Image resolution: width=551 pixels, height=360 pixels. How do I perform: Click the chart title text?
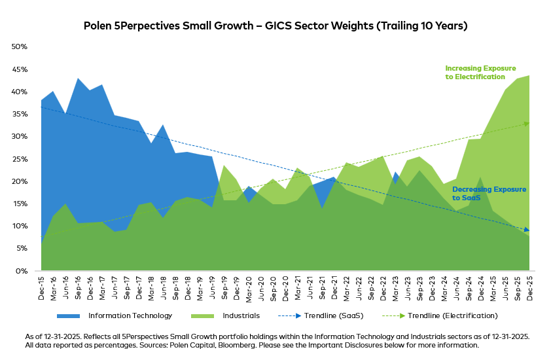[x=275, y=26]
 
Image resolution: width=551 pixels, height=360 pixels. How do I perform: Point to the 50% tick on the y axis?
[x=19, y=47]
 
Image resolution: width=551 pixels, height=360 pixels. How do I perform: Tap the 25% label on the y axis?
[x=19, y=159]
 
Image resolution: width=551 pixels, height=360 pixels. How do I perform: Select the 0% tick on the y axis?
[x=22, y=271]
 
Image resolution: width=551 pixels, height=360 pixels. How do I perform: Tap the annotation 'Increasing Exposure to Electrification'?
[x=480, y=72]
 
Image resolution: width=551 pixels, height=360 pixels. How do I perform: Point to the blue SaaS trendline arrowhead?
[x=527, y=230]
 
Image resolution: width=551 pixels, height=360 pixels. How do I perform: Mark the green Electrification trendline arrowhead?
[x=527, y=123]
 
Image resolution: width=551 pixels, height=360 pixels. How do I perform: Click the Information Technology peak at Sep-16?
[x=79, y=79]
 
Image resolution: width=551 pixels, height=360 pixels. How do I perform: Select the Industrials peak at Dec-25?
[x=529, y=76]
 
